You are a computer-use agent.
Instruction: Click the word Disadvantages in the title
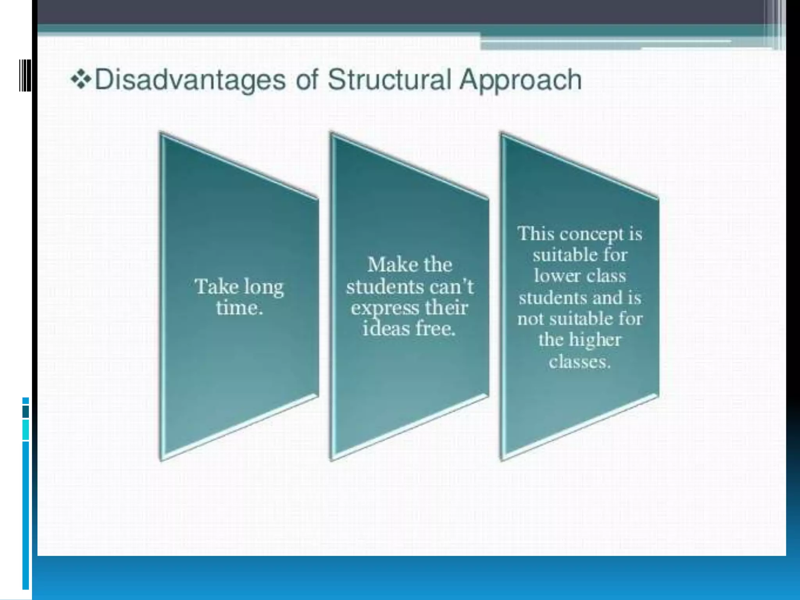tap(190, 80)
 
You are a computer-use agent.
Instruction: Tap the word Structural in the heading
tap(389, 80)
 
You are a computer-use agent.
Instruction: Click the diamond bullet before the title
tap(81, 80)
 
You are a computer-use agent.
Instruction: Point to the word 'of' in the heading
tap(307, 80)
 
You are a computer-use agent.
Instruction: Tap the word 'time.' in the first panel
tap(239, 308)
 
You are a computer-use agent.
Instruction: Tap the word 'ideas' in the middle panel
tap(385, 329)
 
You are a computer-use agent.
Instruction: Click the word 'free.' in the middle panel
tap(436, 329)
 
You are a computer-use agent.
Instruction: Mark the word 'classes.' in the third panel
tap(579, 361)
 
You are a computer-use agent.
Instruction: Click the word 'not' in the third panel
tap(530, 319)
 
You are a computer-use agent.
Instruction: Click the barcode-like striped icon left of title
tap(25, 75)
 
